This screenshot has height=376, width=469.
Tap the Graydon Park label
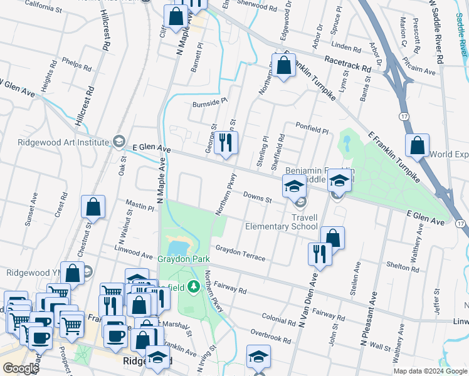pos(183,258)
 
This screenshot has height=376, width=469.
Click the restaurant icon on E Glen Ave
pos(226,143)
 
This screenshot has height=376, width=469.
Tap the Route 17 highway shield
pos(403,116)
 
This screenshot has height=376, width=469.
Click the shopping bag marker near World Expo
pos(416,145)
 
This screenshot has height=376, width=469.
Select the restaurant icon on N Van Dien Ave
pos(319,254)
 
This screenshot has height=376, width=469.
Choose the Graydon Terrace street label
pos(240,253)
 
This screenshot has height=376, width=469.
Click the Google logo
pos(21,368)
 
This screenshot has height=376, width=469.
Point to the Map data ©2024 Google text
pos(430,371)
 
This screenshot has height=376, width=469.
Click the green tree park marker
pos(194,287)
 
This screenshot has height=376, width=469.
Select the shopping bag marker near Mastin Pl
pos(93,206)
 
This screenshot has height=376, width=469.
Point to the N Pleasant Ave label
pos(369,322)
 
